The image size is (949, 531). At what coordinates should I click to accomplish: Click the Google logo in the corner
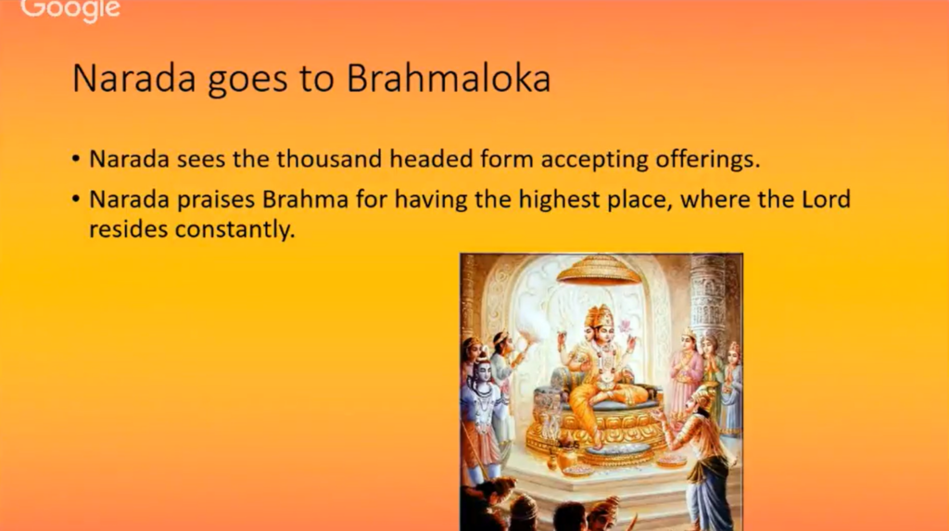click(70, 9)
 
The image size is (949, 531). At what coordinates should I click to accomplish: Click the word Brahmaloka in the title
click(449, 78)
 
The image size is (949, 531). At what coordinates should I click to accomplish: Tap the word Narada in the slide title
click(134, 79)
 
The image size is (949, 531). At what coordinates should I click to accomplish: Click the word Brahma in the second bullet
click(305, 199)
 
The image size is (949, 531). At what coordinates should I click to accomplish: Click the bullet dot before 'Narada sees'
click(76, 159)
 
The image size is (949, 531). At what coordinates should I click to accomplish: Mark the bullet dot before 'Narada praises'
click(76, 198)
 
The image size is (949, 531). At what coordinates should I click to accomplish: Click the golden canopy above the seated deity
click(598, 270)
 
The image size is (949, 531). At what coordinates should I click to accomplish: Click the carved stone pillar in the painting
click(709, 297)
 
